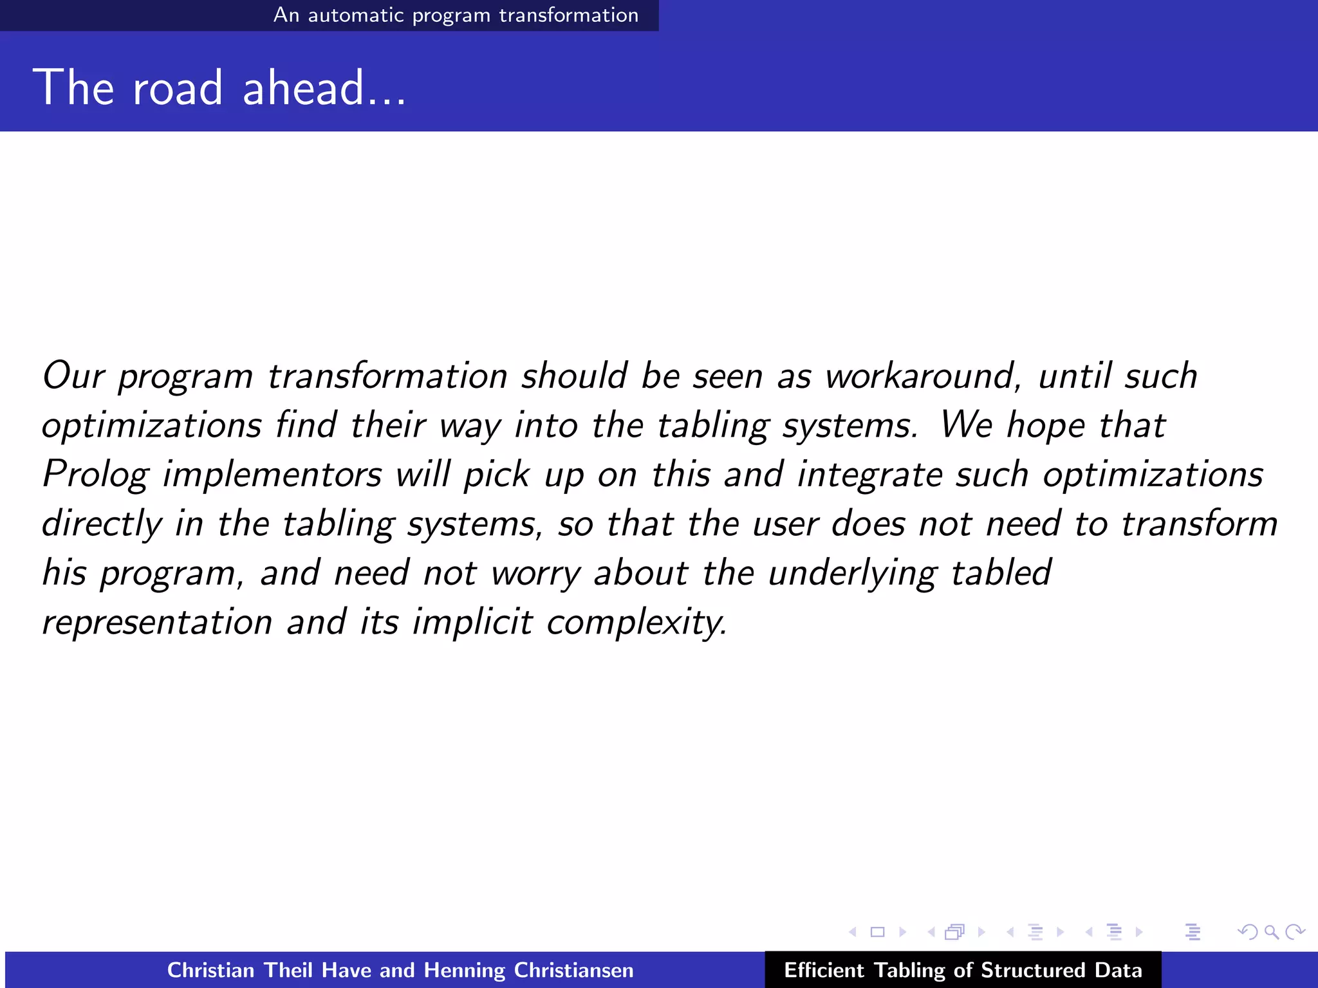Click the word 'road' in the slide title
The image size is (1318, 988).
pyautogui.click(x=177, y=88)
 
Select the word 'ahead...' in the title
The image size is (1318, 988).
pyautogui.click(x=324, y=88)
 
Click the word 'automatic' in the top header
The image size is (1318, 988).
pyautogui.click(x=355, y=15)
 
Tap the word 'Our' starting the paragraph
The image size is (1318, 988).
pyautogui.click(x=73, y=376)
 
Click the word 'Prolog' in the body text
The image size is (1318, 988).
pyautogui.click(x=95, y=475)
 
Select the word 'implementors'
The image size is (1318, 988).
pyautogui.click(x=272, y=475)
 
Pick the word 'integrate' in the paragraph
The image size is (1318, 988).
pyautogui.click(x=869, y=475)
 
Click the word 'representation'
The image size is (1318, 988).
pyautogui.click(x=157, y=623)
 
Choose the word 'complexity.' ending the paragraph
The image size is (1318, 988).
pyautogui.click(x=637, y=623)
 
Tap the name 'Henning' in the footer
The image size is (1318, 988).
pyautogui.click(x=464, y=970)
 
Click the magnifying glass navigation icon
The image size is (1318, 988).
pyautogui.click(x=1271, y=931)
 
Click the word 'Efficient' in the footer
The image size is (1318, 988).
pyautogui.click(x=824, y=970)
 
